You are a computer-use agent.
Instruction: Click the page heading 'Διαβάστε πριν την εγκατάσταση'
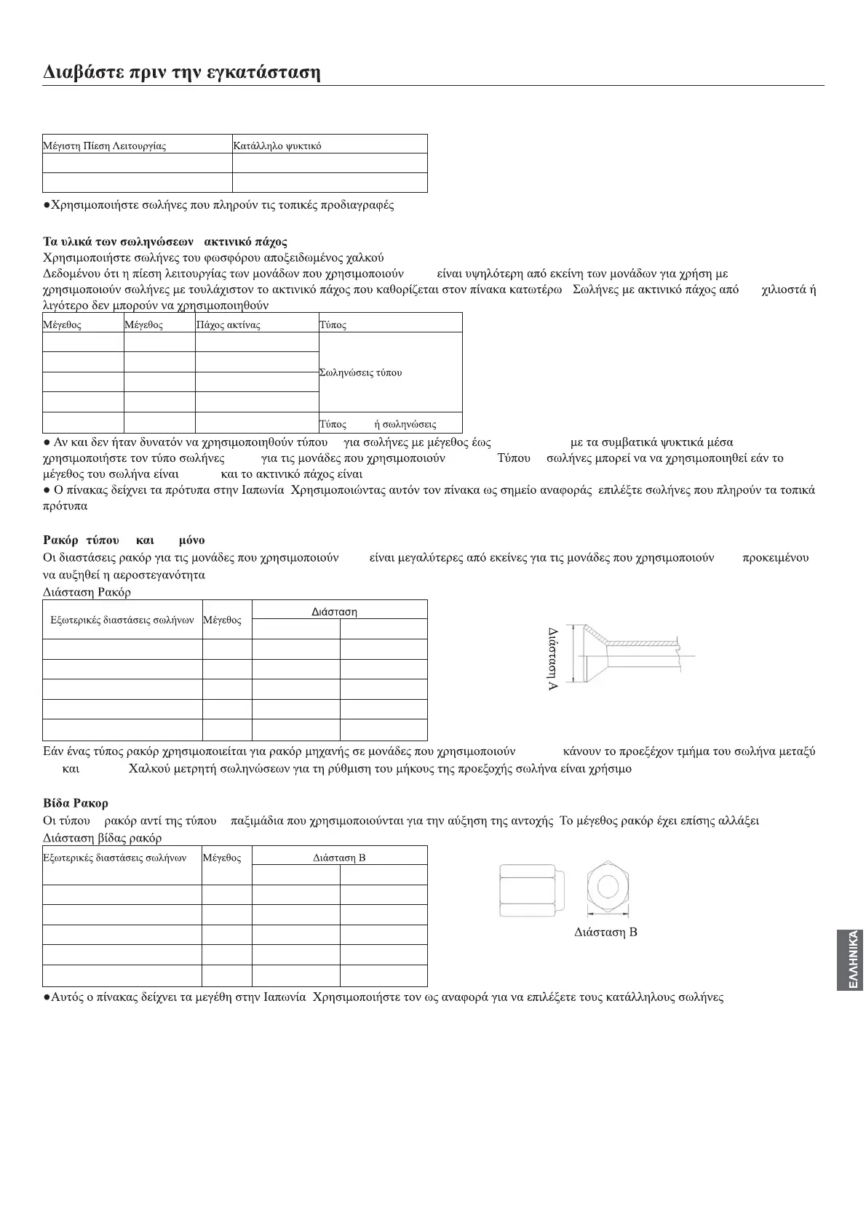tap(182, 73)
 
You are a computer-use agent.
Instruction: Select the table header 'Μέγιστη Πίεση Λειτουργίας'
tap(105, 146)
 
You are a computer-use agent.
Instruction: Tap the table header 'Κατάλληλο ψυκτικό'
tap(277, 146)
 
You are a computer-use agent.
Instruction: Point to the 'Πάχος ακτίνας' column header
tap(229, 325)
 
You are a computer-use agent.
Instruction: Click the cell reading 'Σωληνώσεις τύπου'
tap(361, 372)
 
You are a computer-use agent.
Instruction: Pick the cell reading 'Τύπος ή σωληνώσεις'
tap(378, 424)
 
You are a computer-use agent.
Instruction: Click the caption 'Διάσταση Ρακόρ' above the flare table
tap(87, 592)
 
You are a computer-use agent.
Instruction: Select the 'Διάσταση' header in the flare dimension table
tap(335, 612)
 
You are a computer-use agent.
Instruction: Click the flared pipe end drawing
tap(626, 653)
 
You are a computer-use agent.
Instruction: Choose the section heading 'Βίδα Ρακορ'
tap(76, 803)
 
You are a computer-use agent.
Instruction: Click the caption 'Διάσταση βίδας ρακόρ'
tap(103, 838)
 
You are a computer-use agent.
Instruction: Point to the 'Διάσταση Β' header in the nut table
tap(339, 858)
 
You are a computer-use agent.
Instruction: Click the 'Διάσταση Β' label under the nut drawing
tap(605, 933)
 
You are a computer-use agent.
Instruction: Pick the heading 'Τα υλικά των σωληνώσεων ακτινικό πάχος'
tap(165, 242)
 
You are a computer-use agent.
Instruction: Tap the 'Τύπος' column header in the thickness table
tap(333, 325)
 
